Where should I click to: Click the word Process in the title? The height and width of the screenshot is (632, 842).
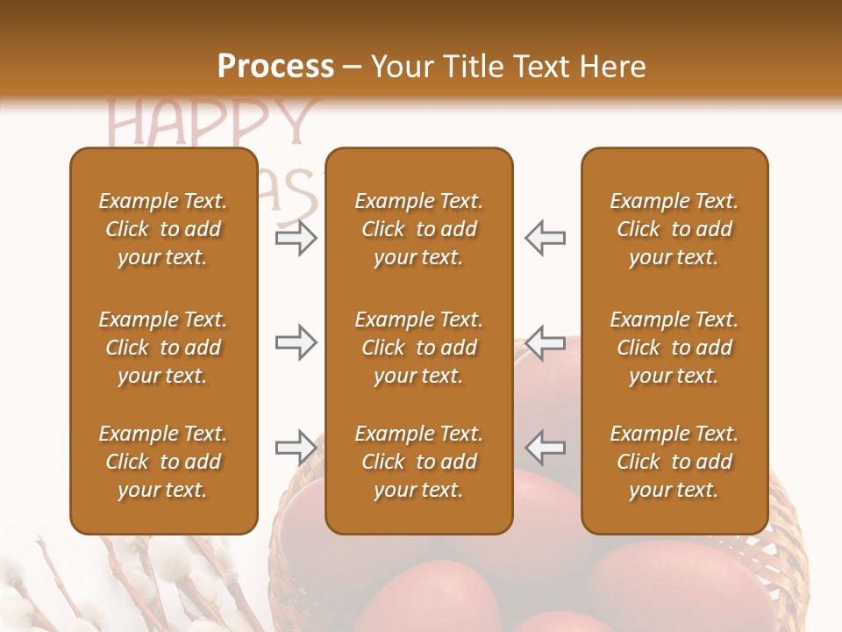tap(275, 67)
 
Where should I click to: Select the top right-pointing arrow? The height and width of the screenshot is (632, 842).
tap(296, 238)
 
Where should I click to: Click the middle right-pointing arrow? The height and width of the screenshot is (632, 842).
tap(296, 342)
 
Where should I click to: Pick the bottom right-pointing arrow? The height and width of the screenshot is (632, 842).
tap(296, 448)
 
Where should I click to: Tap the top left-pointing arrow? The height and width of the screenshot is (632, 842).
tap(546, 238)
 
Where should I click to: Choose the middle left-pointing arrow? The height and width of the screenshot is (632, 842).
tap(546, 342)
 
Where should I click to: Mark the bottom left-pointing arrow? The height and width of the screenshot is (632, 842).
tap(546, 448)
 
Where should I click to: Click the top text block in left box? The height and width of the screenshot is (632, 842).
tap(163, 229)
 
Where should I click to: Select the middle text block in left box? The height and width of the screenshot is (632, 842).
tap(163, 348)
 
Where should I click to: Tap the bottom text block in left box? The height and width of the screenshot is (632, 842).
tap(163, 462)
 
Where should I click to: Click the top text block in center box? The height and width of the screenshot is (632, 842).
tap(418, 229)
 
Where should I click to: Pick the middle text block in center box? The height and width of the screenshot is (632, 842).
tap(418, 348)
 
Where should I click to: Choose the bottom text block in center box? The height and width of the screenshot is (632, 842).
tap(418, 462)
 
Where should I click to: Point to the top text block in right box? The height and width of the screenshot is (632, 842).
tap(674, 229)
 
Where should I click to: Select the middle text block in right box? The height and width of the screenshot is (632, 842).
tap(674, 348)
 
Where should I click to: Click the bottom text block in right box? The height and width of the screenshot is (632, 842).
tap(674, 462)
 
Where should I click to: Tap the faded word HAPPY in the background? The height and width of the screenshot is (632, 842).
tap(211, 123)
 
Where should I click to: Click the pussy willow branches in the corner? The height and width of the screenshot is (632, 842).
tap(132, 588)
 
